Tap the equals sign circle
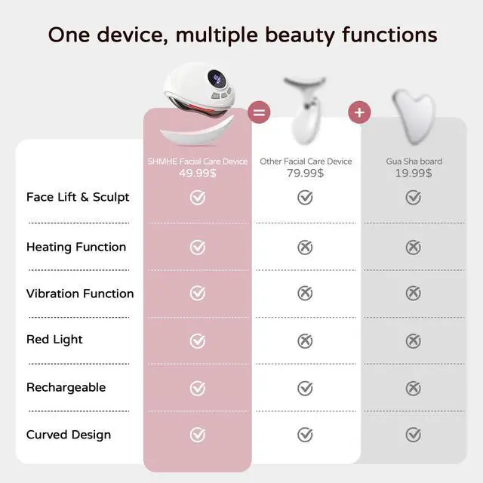259,112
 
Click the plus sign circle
359,112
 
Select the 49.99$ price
198,173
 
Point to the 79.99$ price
305,173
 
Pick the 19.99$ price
414,173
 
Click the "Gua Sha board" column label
414,161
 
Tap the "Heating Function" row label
76,247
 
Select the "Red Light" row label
54,340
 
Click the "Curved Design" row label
69,435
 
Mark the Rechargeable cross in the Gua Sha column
413,388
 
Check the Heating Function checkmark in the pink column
198,247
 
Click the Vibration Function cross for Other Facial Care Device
305,293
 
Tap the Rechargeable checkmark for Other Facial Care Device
305,388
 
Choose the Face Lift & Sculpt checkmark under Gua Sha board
413,198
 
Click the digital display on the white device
217,79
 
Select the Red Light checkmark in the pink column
198,340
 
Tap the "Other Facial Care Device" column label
306,161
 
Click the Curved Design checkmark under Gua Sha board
413,435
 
